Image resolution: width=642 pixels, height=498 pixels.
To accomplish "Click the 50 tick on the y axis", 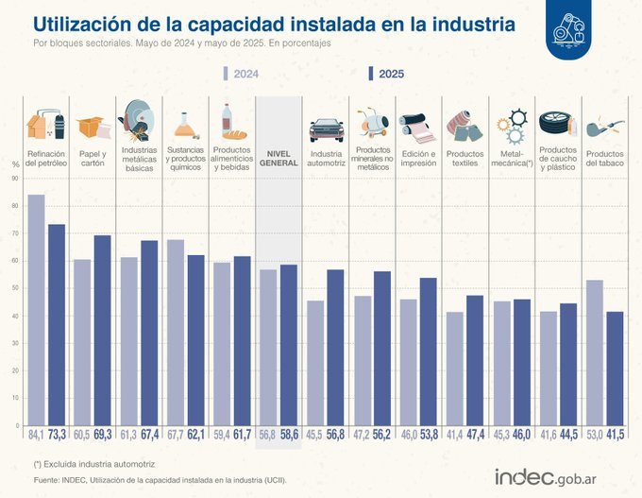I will [16, 288].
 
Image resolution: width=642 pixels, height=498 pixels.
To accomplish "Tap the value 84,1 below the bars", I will [35, 436].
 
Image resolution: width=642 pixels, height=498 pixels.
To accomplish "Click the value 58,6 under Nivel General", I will [289, 436].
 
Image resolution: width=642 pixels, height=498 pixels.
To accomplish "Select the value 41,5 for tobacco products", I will [615, 436].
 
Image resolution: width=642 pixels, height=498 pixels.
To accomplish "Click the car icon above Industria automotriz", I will [326, 129].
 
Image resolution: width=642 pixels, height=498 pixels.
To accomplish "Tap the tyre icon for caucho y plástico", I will [557, 122].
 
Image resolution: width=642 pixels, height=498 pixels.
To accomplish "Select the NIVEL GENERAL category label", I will [279, 157].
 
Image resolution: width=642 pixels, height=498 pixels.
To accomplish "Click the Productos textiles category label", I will [465, 157].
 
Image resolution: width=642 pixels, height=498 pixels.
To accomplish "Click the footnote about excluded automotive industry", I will [93, 463].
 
